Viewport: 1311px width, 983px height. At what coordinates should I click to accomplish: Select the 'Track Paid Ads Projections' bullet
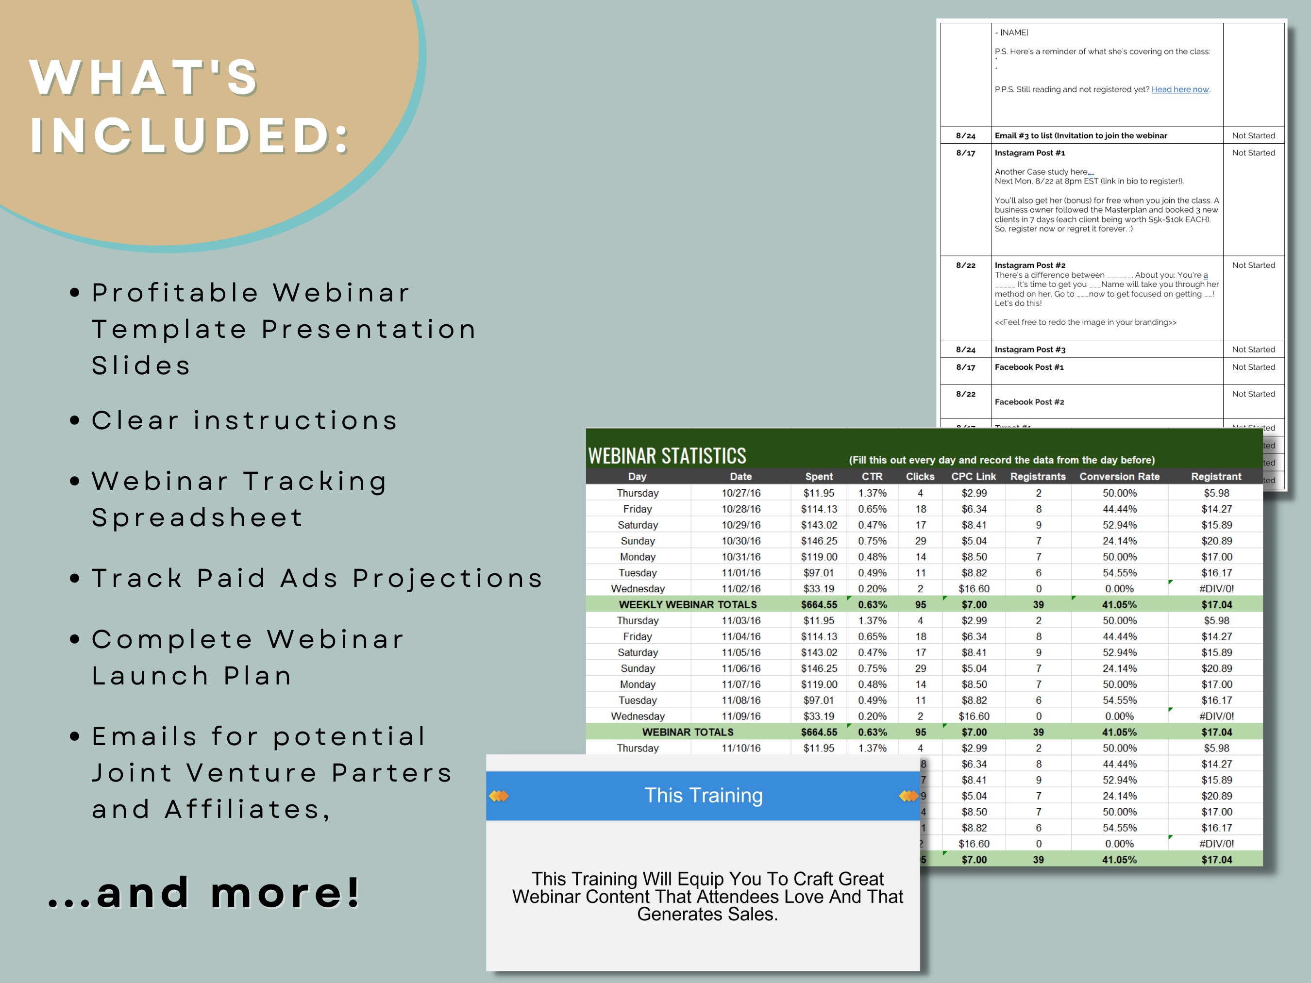[x=317, y=578]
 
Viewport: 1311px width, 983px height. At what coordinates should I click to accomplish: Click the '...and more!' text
[x=204, y=892]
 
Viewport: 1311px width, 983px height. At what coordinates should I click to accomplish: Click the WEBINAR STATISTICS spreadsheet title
[x=667, y=456]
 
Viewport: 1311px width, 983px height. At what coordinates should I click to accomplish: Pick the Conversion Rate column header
[x=1119, y=476]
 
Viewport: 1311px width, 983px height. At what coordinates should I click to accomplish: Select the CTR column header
[x=872, y=476]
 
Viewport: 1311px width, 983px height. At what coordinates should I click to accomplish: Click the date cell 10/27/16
[x=741, y=493]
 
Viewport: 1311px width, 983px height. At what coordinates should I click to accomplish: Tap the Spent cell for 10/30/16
[x=819, y=541]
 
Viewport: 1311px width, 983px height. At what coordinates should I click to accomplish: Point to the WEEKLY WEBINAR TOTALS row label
[x=688, y=604]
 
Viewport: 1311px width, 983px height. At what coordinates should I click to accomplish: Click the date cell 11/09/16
[x=741, y=716]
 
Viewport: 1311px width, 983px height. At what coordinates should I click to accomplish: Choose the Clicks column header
[x=920, y=476]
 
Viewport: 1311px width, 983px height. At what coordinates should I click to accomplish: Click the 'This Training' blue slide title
[x=703, y=795]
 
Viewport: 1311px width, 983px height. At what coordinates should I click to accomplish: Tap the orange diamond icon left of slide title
[x=499, y=796]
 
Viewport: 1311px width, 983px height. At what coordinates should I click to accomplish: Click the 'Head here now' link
[x=1179, y=89]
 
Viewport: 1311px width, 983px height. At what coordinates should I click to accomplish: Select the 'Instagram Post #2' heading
[x=1029, y=266]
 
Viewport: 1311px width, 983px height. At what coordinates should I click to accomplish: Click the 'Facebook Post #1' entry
[x=1029, y=367]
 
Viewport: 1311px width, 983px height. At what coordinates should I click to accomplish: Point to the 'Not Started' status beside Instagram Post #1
[x=1253, y=153]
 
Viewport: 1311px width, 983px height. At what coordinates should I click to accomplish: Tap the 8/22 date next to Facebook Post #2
[x=965, y=394]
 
